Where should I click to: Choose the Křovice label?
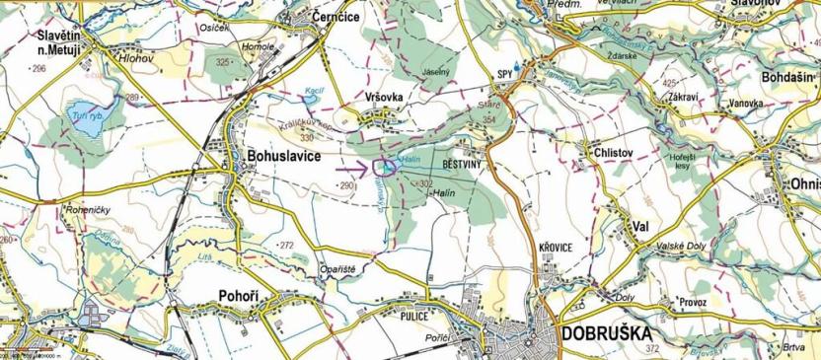556,247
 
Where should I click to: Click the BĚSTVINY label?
461,165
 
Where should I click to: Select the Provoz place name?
693,302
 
